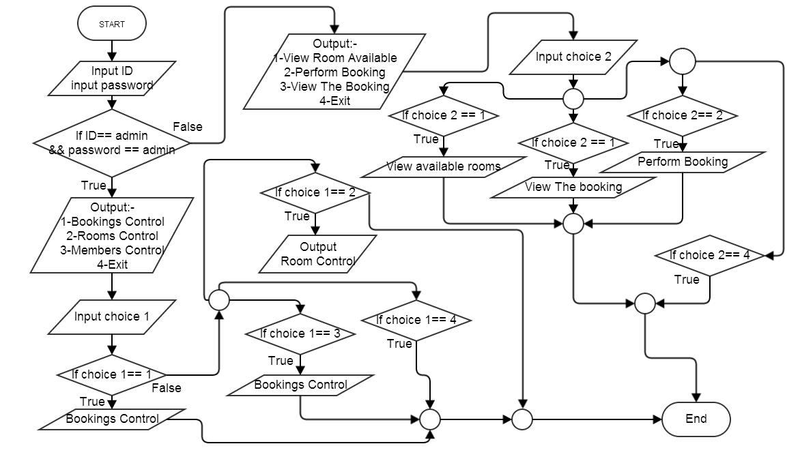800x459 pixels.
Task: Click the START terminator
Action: [x=112, y=24]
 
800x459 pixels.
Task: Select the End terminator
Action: [x=696, y=419]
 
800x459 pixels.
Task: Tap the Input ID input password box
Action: [x=112, y=78]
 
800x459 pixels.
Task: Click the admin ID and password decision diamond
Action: [x=111, y=143]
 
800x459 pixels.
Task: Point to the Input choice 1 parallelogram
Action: [x=111, y=317]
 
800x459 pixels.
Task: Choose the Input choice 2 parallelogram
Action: [x=573, y=57]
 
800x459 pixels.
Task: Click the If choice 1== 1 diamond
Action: [x=111, y=374]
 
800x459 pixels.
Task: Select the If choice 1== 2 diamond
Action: [x=315, y=192]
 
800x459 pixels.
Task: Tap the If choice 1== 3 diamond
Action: [x=300, y=334]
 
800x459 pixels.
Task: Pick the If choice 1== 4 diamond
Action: [x=416, y=320]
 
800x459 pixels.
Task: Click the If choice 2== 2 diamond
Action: [x=682, y=116]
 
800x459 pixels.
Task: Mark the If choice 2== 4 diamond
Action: [x=710, y=256]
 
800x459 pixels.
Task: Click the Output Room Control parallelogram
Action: [x=318, y=254]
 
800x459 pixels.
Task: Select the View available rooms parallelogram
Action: [x=444, y=166]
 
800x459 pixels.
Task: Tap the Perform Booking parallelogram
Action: [x=683, y=162]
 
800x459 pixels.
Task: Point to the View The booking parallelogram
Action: [x=573, y=187]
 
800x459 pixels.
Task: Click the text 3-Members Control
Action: [x=112, y=250]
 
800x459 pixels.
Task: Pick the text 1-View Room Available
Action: [x=334, y=58]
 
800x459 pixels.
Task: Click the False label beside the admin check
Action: [x=187, y=127]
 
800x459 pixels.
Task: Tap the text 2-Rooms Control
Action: [x=112, y=236]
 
